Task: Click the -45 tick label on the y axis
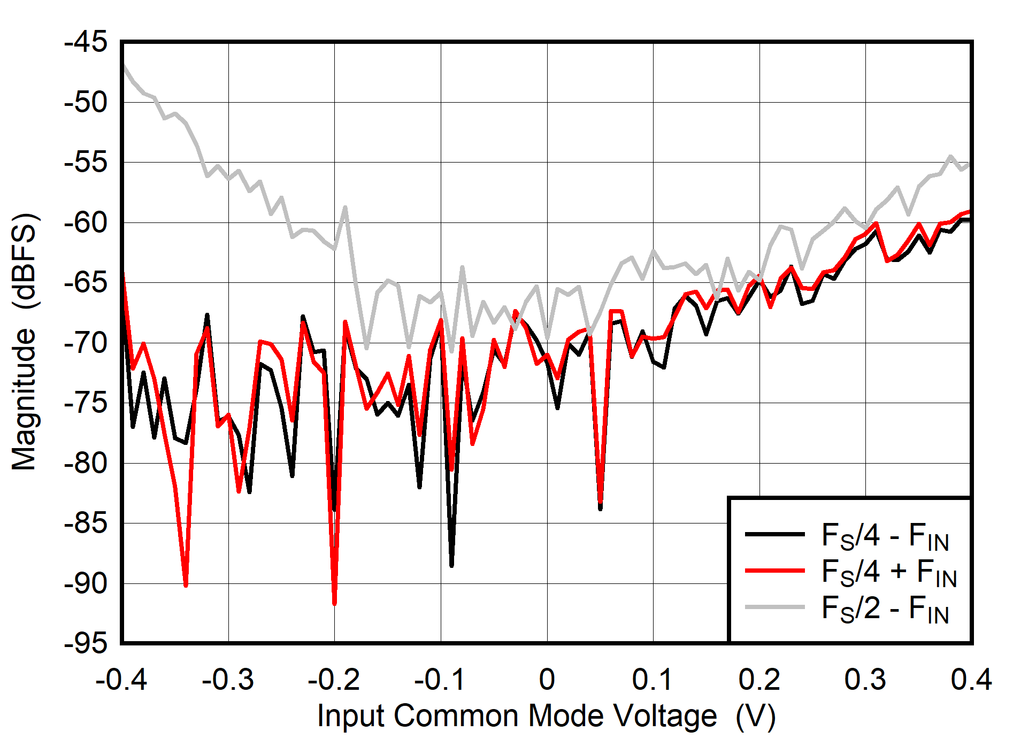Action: point(86,42)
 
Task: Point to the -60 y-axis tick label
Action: point(86,222)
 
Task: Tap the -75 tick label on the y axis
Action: point(86,403)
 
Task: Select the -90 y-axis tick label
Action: point(86,583)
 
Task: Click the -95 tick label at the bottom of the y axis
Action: point(86,643)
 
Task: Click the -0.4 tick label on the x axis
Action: point(121,680)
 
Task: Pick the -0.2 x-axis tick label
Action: point(334,680)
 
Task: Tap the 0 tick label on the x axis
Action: point(547,680)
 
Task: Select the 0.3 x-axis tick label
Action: point(865,680)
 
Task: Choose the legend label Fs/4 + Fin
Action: point(888,572)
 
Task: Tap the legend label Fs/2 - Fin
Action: point(885,608)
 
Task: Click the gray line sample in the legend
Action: point(774,607)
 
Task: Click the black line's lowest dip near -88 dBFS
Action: point(451,565)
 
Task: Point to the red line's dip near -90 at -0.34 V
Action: point(186,586)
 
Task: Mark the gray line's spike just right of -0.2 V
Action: point(346,207)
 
